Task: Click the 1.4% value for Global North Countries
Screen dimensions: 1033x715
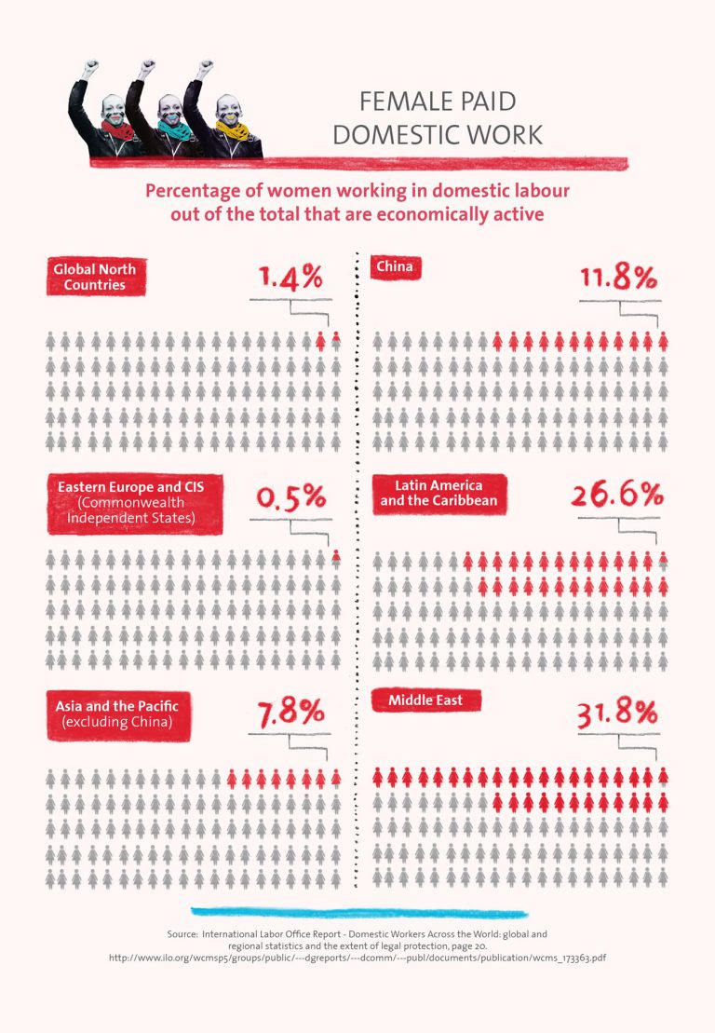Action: [290, 278]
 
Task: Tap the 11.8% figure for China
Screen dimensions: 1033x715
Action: [619, 278]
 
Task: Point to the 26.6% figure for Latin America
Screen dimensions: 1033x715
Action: [617, 495]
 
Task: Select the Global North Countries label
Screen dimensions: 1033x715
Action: [95, 277]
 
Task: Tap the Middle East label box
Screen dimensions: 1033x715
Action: [425, 700]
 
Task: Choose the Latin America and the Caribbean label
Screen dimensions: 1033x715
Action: [438, 493]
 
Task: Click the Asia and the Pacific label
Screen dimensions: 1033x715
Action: [117, 714]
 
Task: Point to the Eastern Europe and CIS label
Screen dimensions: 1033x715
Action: [135, 502]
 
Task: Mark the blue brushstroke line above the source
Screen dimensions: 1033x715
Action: [358, 911]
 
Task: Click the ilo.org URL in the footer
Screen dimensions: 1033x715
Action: [357, 958]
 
